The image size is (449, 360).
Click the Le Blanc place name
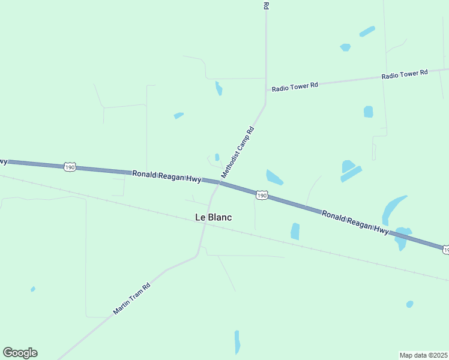click(x=213, y=217)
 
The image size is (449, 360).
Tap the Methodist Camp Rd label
click(x=238, y=152)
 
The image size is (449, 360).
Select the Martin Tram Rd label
click(x=131, y=299)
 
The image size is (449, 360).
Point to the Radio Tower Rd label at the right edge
click(x=404, y=74)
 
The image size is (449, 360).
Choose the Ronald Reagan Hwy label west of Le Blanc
click(x=158, y=175)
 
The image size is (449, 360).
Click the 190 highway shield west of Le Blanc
click(x=70, y=167)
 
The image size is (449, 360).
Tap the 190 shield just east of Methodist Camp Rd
click(x=261, y=195)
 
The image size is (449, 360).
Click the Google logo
click(x=20, y=353)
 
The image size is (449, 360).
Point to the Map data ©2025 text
click(x=423, y=355)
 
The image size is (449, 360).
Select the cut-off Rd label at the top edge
click(x=265, y=5)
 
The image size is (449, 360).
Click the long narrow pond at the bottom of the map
click(x=237, y=342)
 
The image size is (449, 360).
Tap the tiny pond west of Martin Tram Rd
click(x=33, y=289)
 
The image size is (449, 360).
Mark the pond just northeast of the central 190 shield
click(x=274, y=178)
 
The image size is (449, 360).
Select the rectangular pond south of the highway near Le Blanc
click(x=295, y=231)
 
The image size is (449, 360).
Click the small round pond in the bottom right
click(x=409, y=304)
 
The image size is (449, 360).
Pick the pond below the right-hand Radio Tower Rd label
click(x=368, y=112)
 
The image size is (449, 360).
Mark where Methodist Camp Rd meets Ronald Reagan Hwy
click(x=219, y=181)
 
